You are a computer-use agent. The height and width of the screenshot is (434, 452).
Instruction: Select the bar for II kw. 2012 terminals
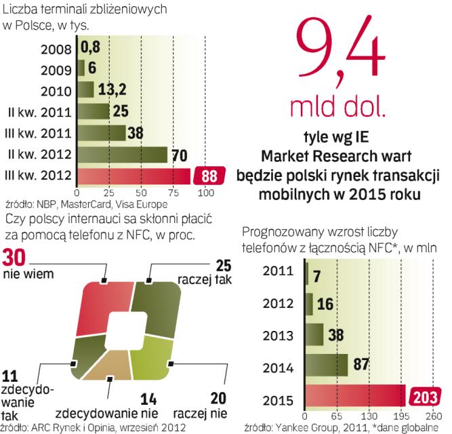122,155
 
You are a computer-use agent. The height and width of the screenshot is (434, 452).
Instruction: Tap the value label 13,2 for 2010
110,90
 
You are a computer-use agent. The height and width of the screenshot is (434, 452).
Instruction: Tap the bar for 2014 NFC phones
327,365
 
